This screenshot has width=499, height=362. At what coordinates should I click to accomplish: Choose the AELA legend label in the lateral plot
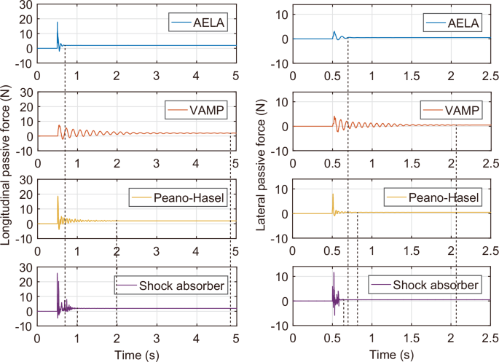coord(463,24)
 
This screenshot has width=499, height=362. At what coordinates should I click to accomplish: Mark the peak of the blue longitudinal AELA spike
coord(58,22)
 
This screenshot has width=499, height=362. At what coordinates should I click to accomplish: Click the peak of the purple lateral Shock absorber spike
coord(334,272)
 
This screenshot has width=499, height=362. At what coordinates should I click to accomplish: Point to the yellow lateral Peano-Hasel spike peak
coord(333,194)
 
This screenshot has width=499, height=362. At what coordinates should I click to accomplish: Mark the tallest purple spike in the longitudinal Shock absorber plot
coord(57,273)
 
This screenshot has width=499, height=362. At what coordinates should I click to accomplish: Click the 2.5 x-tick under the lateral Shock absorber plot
coord(490,337)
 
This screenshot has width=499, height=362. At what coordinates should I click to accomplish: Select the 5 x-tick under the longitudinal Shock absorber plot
coord(235,337)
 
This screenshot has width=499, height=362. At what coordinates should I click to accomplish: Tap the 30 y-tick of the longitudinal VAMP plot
coord(25,92)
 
